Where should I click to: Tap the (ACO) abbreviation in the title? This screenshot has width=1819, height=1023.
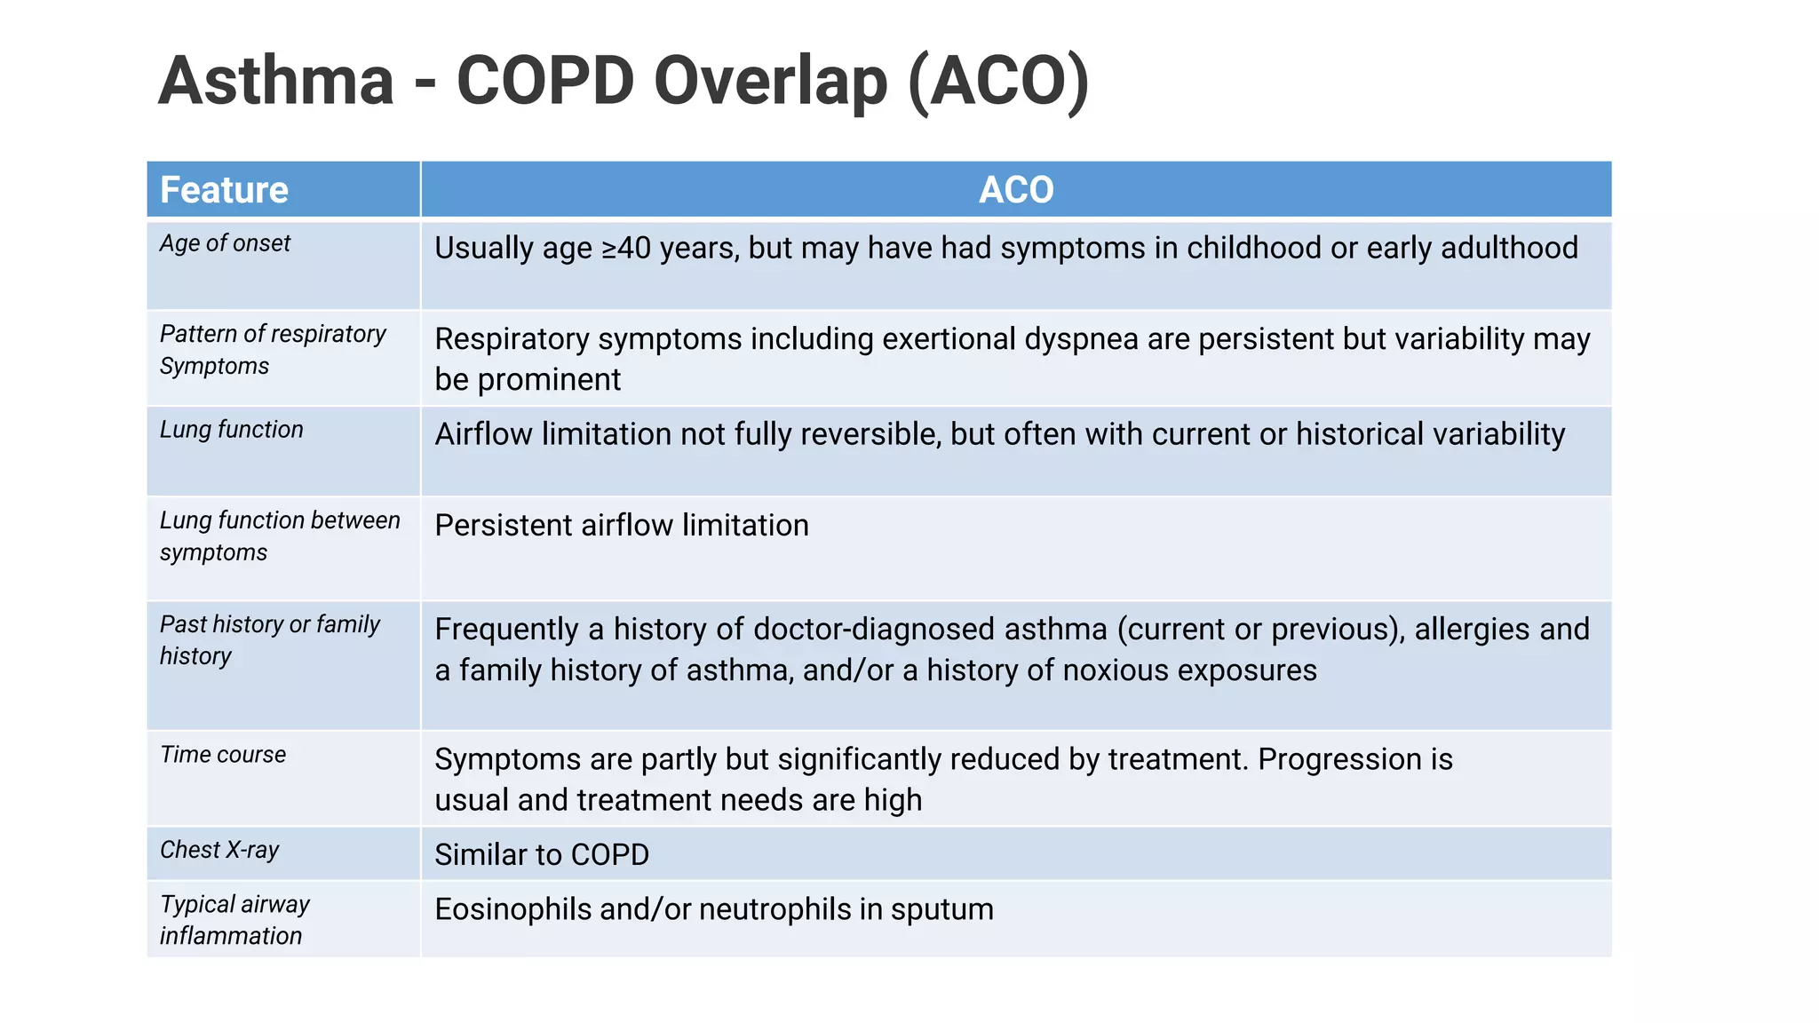[998, 82]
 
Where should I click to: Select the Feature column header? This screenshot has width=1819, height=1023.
[224, 190]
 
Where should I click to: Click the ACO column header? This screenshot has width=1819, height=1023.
[1015, 190]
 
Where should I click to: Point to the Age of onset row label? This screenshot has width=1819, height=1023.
[225, 243]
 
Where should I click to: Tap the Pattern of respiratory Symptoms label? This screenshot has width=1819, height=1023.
[272, 349]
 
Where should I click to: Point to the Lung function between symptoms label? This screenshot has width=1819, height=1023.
[279, 535]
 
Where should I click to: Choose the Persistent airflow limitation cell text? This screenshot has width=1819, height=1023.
[621, 526]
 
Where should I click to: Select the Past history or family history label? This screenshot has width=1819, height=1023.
[269, 639]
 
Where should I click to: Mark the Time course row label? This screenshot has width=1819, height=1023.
[223, 755]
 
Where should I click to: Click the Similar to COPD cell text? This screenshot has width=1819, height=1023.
[541, 855]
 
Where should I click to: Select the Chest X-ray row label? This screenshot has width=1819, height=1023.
[219, 850]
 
